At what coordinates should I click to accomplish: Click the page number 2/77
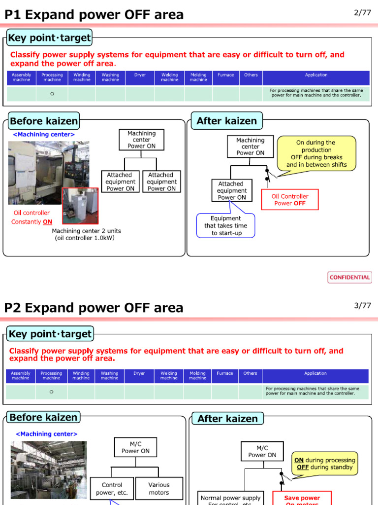[x=362, y=13]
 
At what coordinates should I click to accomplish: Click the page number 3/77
[x=362, y=306]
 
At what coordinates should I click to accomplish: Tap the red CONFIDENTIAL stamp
[x=349, y=277]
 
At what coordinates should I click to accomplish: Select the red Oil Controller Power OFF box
[x=289, y=200]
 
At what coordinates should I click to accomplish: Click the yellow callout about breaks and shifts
[x=316, y=154]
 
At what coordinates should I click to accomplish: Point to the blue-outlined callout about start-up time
[x=226, y=225]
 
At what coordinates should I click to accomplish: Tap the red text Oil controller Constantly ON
[x=31, y=217]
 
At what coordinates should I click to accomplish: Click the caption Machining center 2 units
[x=86, y=234]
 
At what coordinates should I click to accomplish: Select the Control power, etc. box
[x=112, y=488]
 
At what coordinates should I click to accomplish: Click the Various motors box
[x=158, y=488]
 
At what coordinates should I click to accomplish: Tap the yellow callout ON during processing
[x=324, y=464]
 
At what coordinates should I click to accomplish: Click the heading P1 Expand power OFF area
[x=94, y=15]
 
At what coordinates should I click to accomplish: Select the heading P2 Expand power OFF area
[x=94, y=308]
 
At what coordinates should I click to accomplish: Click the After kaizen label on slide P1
[x=226, y=121]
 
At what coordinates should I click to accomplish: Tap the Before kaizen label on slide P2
[x=43, y=417]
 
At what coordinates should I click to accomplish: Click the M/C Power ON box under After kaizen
[x=262, y=451]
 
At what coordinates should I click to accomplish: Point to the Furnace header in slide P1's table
[x=225, y=75]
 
